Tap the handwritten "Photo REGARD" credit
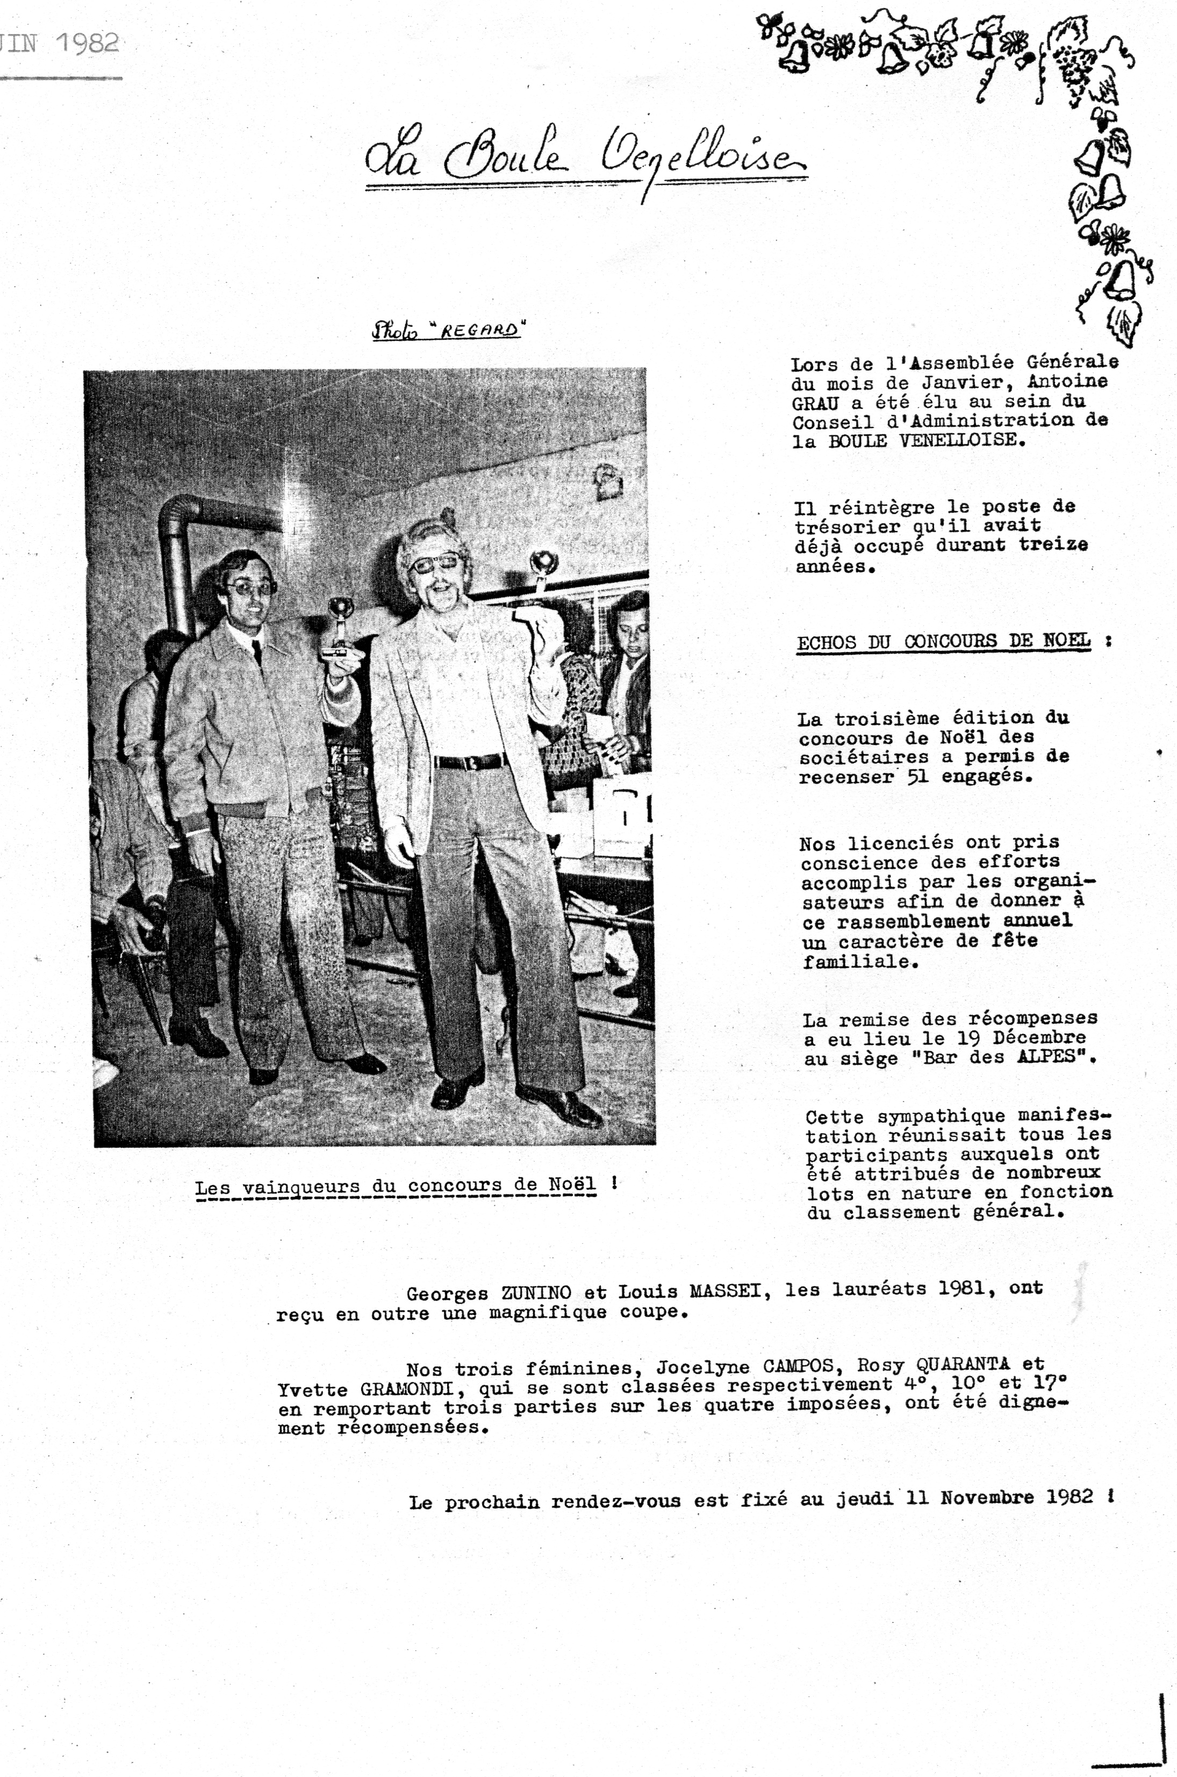click(x=447, y=331)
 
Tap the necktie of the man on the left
click(x=257, y=651)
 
